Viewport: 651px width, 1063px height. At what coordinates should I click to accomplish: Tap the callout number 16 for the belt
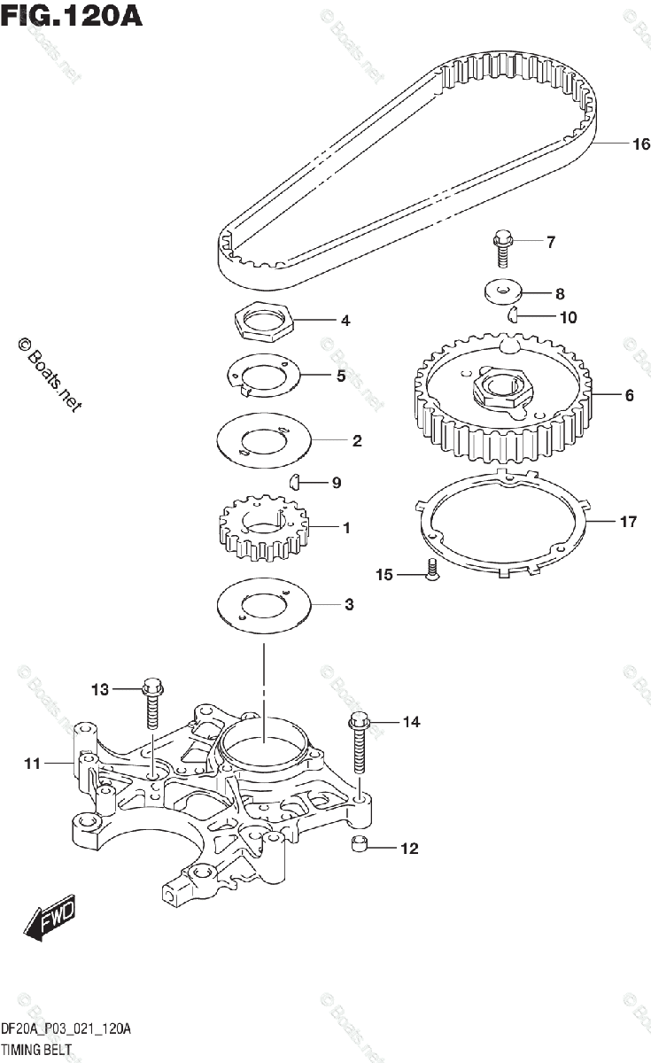pyautogui.click(x=616, y=144)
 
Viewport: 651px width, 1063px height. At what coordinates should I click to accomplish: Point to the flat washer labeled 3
pyautogui.click(x=263, y=605)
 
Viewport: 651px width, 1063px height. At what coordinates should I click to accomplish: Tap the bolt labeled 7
pyautogui.click(x=503, y=246)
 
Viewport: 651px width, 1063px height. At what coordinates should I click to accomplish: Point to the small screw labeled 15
pyautogui.click(x=431, y=570)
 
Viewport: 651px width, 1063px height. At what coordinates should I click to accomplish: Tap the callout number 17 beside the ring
pyautogui.click(x=627, y=522)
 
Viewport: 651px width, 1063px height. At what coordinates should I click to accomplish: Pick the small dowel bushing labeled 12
pyautogui.click(x=359, y=844)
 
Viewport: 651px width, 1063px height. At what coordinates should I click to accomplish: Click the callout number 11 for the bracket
pyautogui.click(x=32, y=762)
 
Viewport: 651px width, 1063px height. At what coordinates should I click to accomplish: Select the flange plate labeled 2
pyautogui.click(x=263, y=440)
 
